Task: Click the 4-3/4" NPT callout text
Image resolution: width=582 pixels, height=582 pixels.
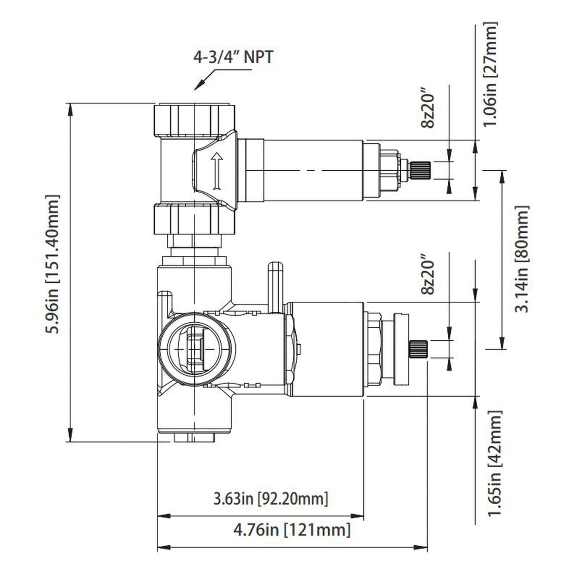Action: point(233,57)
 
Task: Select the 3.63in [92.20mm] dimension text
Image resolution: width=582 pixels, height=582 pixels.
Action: point(271,499)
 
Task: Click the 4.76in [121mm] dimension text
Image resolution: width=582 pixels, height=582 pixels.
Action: point(292,529)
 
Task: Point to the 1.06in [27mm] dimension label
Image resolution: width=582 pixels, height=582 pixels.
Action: point(491,75)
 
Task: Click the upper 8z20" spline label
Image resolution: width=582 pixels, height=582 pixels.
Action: point(428,111)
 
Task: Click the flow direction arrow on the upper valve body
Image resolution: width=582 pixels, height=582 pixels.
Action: point(217,171)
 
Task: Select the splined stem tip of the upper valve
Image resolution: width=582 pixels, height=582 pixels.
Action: point(420,170)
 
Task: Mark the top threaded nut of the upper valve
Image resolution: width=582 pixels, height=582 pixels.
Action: point(194,120)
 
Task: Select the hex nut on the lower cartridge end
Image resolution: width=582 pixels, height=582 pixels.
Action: point(373,349)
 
